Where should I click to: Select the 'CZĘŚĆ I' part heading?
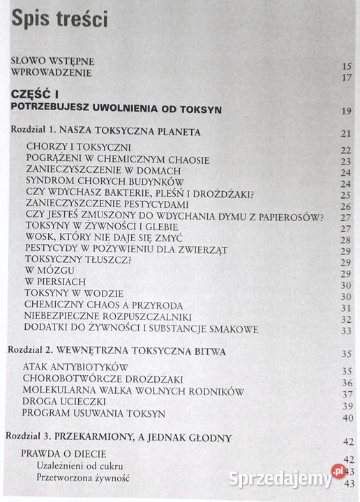coord(41,93)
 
